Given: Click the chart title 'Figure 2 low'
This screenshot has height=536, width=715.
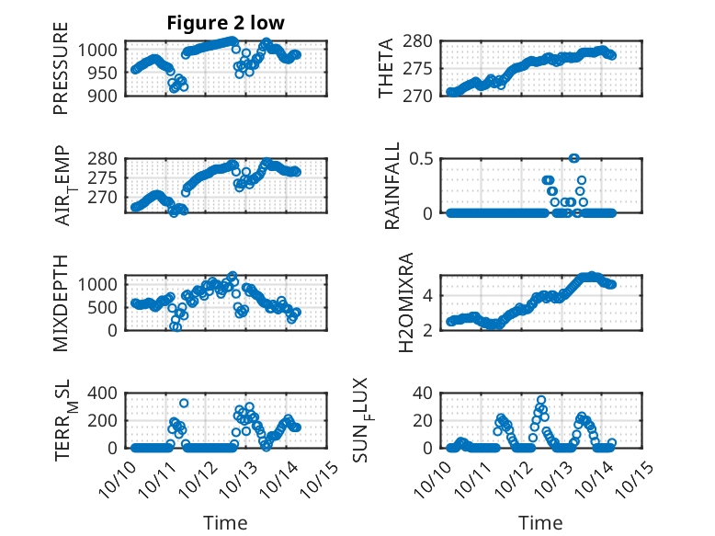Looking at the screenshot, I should (225, 23).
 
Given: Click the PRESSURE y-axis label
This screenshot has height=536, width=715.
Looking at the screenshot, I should (62, 74).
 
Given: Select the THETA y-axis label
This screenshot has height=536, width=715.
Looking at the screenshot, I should (387, 67).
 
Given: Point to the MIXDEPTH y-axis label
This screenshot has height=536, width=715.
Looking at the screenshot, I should (62, 302).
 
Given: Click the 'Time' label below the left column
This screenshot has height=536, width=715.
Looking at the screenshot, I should (225, 522).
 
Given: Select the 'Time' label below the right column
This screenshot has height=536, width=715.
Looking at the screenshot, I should (540, 522).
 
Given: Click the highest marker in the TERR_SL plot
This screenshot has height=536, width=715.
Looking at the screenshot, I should (184, 403).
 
